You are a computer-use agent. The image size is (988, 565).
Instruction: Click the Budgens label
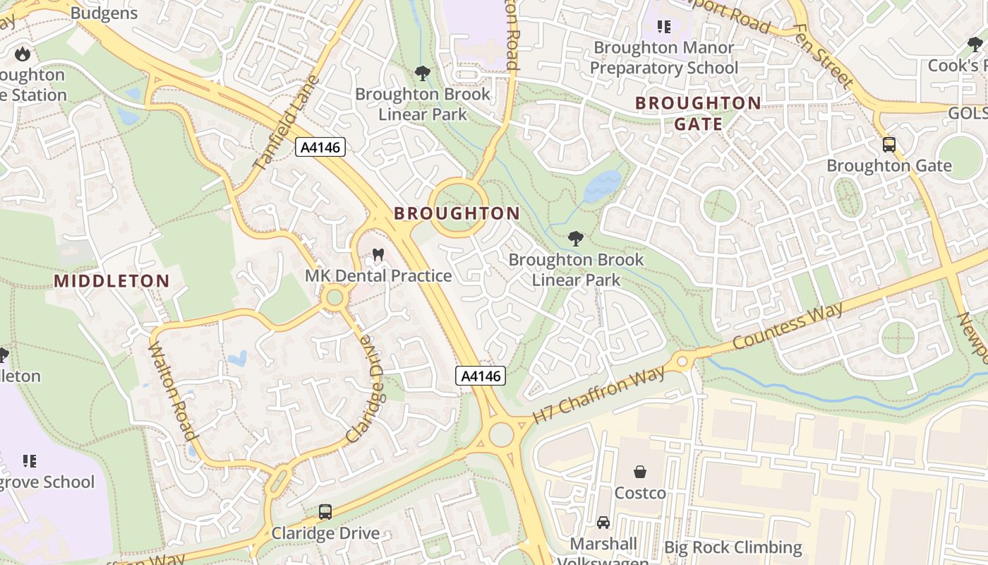tap(104, 13)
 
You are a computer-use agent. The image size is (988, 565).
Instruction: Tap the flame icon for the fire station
tap(23, 54)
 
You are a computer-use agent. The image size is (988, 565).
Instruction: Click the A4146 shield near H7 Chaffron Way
tap(481, 376)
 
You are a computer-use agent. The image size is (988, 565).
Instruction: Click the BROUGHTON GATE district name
tap(698, 113)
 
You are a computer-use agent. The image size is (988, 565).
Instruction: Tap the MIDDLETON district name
tap(112, 281)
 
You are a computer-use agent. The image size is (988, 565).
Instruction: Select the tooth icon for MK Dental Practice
tap(378, 255)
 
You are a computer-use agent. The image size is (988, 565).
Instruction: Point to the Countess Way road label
tap(788, 325)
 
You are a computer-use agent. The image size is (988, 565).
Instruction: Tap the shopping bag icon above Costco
tap(640, 471)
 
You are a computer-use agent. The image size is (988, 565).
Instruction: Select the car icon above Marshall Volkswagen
tap(603, 523)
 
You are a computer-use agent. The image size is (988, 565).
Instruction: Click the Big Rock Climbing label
tap(733, 547)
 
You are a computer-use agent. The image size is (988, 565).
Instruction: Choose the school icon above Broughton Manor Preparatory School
tap(663, 27)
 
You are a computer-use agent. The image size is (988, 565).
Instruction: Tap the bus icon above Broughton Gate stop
tap(889, 145)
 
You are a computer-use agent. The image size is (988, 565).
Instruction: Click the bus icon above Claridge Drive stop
tap(325, 511)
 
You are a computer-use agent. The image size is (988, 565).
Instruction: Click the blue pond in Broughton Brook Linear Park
tap(602, 185)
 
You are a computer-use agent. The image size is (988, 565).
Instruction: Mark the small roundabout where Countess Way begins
tap(682, 361)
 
